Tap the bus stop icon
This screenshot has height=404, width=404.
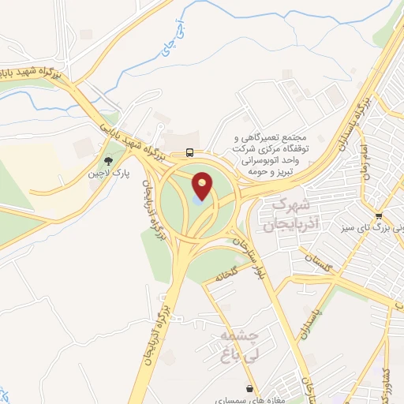pos(189,151)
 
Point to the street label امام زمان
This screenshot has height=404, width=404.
pos(365,170)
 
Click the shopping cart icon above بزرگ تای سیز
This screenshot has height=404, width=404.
pos(380,215)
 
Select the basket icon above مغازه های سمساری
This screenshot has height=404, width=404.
pos(250,388)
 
